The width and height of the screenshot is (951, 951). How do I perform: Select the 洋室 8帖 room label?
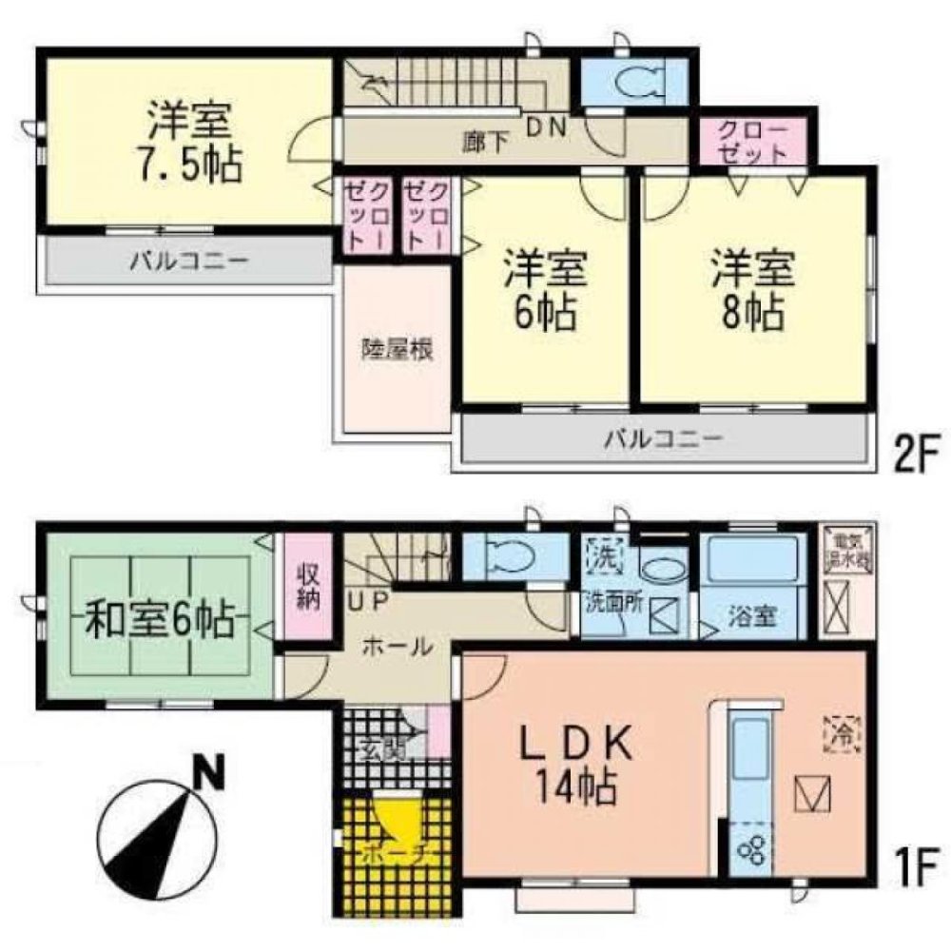tap(750, 289)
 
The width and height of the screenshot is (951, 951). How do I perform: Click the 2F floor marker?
tap(914, 457)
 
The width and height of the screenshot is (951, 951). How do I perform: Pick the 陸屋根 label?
tap(398, 350)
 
